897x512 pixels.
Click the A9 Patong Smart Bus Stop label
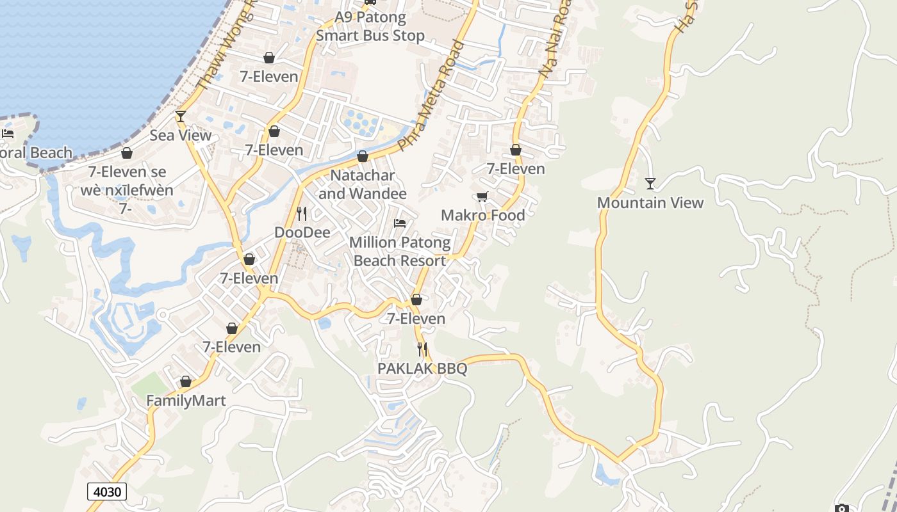point(370,26)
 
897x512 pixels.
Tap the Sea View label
point(180,135)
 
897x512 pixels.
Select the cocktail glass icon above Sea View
point(180,116)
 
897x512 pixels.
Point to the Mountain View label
point(650,203)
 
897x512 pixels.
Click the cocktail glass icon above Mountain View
point(650,184)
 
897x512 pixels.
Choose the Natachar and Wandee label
point(363,184)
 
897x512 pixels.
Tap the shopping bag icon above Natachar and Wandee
point(363,156)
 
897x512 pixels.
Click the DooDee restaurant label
point(302,232)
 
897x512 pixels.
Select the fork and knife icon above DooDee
point(302,213)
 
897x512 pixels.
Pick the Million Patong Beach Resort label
point(400,252)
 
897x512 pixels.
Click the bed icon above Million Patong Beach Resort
point(400,223)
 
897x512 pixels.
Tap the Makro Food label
point(482,215)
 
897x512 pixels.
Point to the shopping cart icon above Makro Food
point(482,196)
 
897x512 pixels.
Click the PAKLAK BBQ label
point(422,369)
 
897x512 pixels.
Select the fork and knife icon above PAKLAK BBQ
point(422,349)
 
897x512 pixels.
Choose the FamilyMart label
point(186,401)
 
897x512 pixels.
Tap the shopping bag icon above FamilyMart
point(186,381)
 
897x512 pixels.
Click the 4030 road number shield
point(107,492)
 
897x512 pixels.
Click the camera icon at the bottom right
point(842,508)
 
